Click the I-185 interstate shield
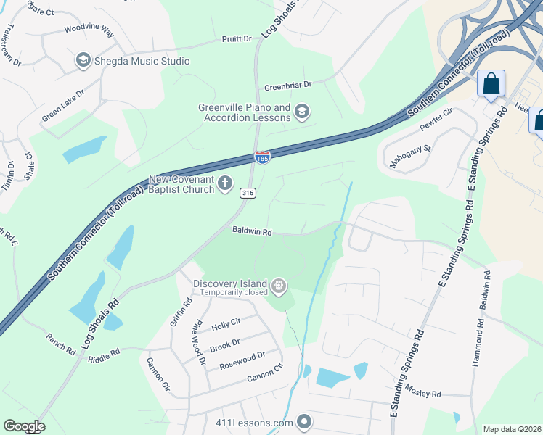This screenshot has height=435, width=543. [263, 157]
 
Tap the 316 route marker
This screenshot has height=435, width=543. [247, 191]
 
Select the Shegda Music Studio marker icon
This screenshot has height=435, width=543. [83, 61]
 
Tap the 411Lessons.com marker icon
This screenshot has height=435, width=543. [304, 421]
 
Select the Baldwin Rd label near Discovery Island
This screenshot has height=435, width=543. [252, 232]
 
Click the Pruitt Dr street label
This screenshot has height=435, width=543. [236, 38]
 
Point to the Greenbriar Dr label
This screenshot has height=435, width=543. [287, 85]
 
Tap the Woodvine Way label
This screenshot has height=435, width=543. [89, 30]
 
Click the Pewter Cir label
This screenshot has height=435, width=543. [436, 122]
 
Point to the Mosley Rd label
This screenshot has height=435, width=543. [425, 394]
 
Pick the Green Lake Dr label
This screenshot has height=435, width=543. [63, 105]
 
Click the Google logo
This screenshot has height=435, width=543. [24, 426]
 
